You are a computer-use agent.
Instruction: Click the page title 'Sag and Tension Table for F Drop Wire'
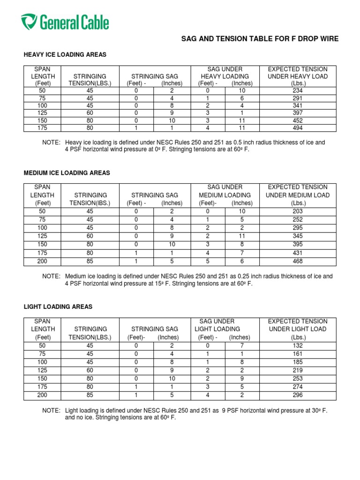click(x=260, y=39)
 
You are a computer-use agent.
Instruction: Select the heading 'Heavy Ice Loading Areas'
click(x=65, y=55)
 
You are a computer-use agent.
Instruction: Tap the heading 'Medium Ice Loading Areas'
click(x=67, y=173)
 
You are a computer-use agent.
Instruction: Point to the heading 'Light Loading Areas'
click(x=58, y=307)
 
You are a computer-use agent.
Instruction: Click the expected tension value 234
click(x=297, y=90)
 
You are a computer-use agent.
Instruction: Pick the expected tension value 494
click(x=297, y=127)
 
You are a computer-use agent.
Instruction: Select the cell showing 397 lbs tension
click(x=297, y=113)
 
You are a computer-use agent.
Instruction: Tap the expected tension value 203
click(x=297, y=211)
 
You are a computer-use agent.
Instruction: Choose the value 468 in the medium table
click(x=297, y=262)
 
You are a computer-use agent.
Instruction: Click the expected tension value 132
click(x=297, y=345)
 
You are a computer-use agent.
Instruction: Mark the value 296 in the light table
click(x=297, y=396)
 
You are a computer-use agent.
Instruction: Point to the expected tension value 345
click(x=297, y=236)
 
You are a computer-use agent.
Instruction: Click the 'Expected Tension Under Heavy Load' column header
click(x=297, y=76)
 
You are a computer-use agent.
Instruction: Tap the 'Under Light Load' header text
click(x=298, y=329)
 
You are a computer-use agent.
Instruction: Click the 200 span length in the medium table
click(x=42, y=262)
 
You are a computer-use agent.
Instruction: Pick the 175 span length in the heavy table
click(x=43, y=127)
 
